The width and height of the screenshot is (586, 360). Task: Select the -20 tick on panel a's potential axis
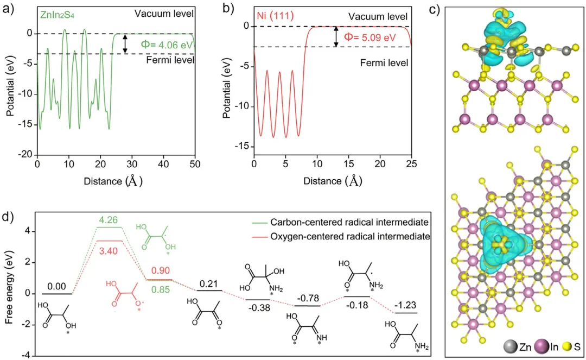[26, 155]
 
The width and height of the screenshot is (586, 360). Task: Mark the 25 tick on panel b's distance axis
[412, 162]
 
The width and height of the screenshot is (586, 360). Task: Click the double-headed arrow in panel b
[336, 36]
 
